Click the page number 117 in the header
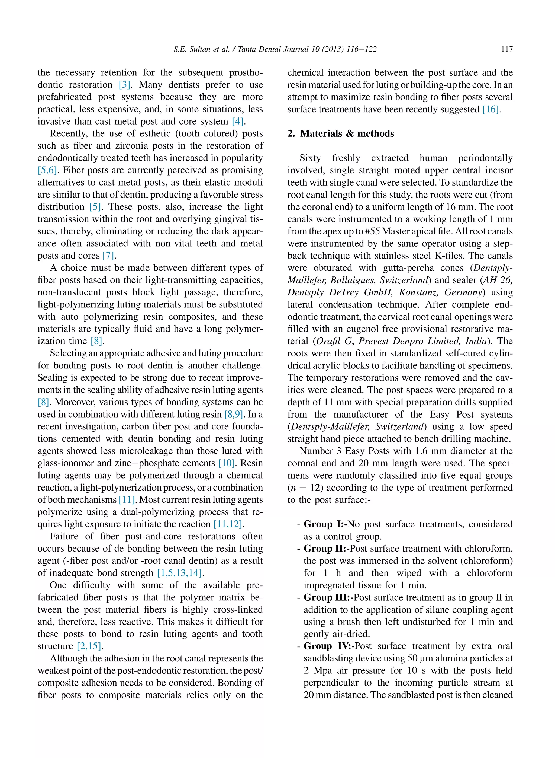[x=506, y=49]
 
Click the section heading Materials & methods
[x=347, y=133]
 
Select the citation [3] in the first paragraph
[x=125, y=85]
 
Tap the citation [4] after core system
[x=238, y=121]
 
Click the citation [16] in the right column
[x=491, y=109]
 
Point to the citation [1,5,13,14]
[x=180, y=573]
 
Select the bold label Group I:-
[x=325, y=524]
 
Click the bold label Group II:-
[x=327, y=549]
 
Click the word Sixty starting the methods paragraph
[x=310, y=158]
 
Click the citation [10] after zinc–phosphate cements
[x=227, y=463]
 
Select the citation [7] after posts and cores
[x=108, y=256]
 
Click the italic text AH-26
[x=498, y=280]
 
